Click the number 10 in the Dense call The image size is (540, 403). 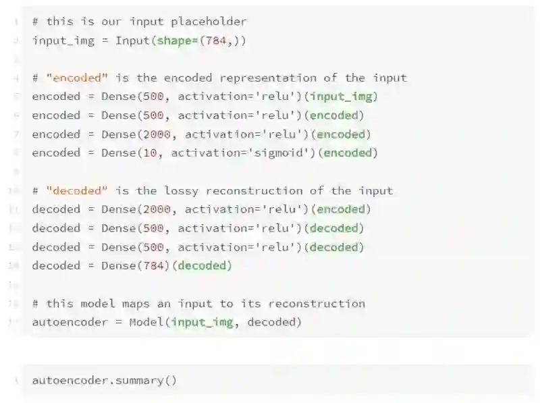click(150, 153)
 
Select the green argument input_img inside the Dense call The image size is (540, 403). click(343, 97)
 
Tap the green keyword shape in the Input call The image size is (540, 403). click(174, 41)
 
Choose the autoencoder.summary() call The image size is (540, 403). click(104, 380)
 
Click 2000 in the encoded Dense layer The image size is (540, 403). click(157, 134)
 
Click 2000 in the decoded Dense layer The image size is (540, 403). click(157, 209)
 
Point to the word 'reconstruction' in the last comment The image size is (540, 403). click(317, 303)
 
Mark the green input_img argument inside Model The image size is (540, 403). click(202, 322)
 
